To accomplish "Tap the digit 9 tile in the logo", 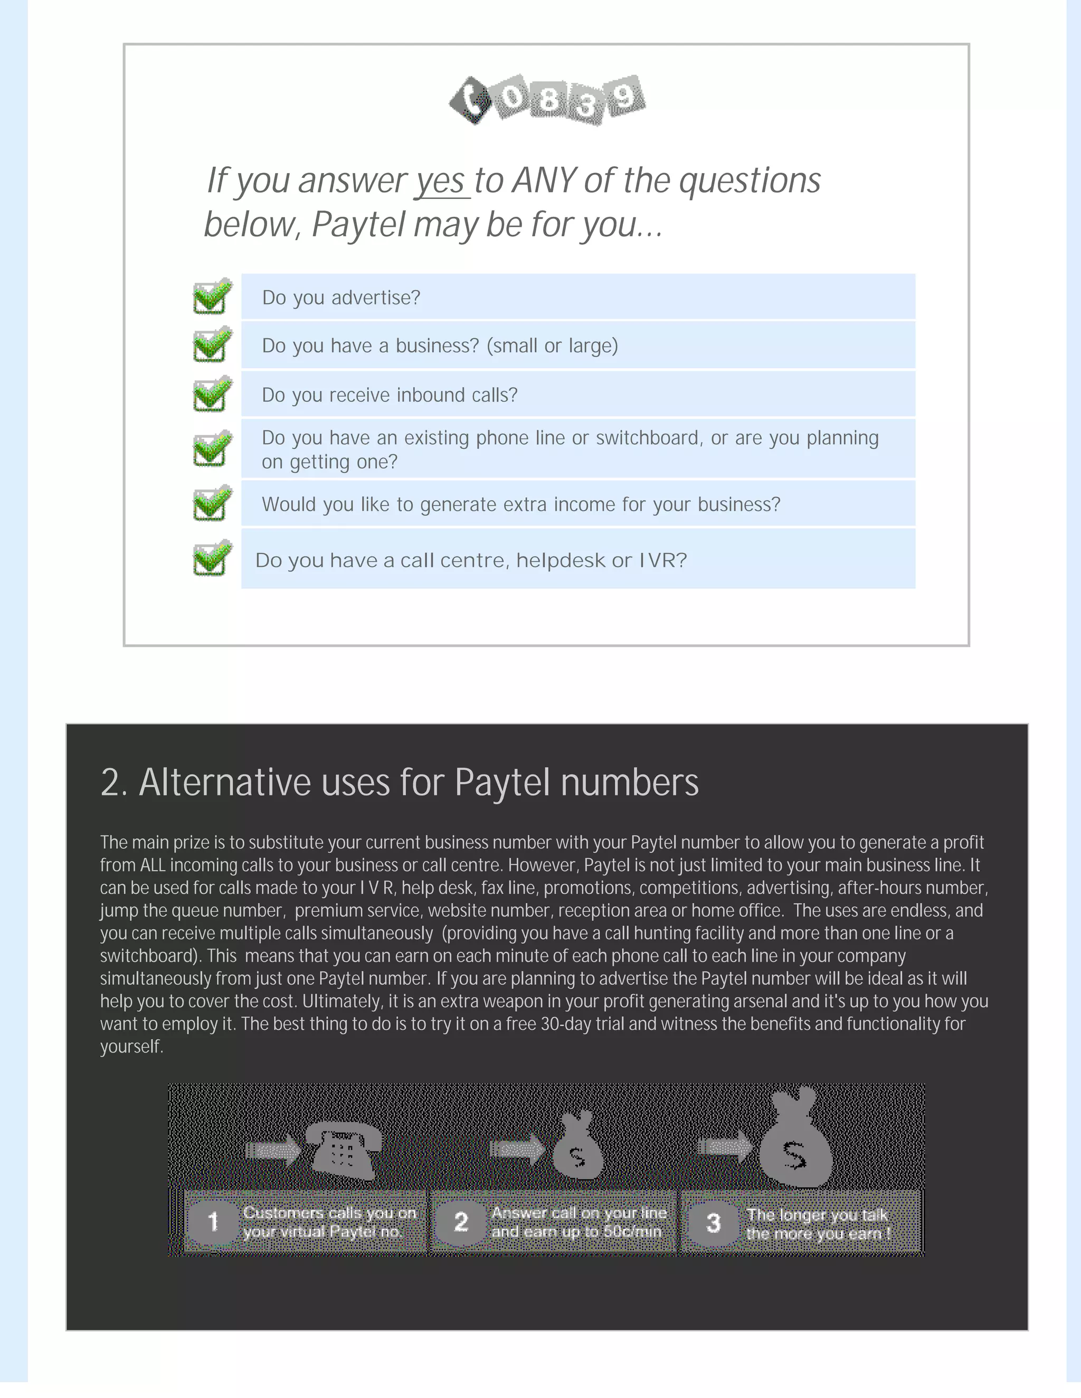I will point(625,97).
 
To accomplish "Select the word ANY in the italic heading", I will point(544,181).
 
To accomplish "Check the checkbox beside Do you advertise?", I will point(212,296).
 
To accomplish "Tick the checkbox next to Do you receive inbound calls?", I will point(212,394).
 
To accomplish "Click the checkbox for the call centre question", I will point(212,558).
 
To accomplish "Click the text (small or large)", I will point(552,346).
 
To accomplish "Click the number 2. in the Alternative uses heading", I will point(114,782).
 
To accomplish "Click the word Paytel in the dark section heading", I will point(501,782).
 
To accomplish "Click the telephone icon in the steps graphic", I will point(344,1151).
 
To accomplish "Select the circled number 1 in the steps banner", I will point(213,1221).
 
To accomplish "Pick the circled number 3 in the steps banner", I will point(714,1223).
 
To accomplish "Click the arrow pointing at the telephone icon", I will point(273,1150).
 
